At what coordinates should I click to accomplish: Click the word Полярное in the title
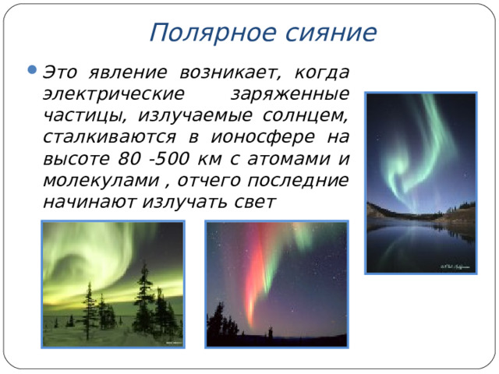[198, 33]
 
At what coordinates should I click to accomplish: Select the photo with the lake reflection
[421, 183]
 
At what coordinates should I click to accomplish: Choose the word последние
[297, 181]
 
